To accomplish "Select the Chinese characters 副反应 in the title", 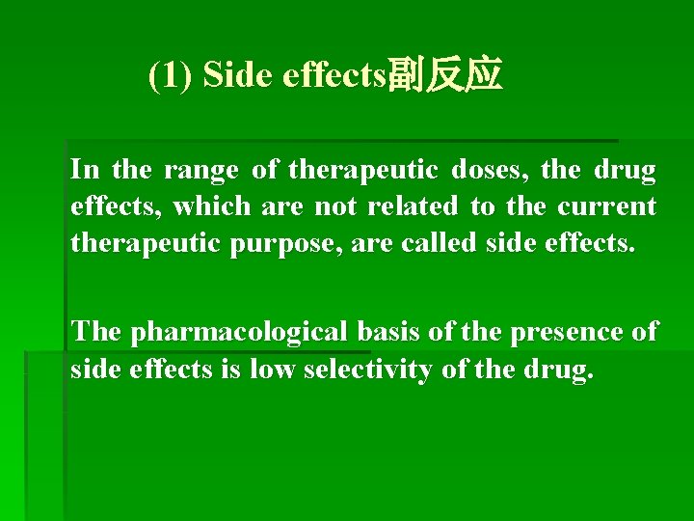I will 444,75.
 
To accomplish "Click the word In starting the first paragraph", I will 85,171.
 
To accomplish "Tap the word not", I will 328,206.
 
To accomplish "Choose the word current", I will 609,206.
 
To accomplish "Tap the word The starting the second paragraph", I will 96,332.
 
